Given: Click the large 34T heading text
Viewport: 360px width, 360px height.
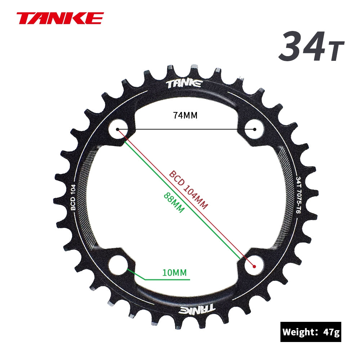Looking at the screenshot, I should pos(311,46).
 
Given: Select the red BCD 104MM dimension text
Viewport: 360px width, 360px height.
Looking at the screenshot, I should pos(188,190).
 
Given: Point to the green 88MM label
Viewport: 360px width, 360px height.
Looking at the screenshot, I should pos(174,202).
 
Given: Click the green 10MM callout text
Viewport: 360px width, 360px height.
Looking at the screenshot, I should pos(174,273).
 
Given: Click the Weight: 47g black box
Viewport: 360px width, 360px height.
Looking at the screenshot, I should pos(311,332).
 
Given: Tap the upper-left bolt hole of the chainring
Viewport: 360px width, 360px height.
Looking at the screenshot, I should pos(117,129).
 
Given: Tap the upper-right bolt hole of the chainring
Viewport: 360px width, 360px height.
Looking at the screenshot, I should pos(255,129).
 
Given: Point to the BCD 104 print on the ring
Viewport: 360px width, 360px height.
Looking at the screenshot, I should pos(73,198).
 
